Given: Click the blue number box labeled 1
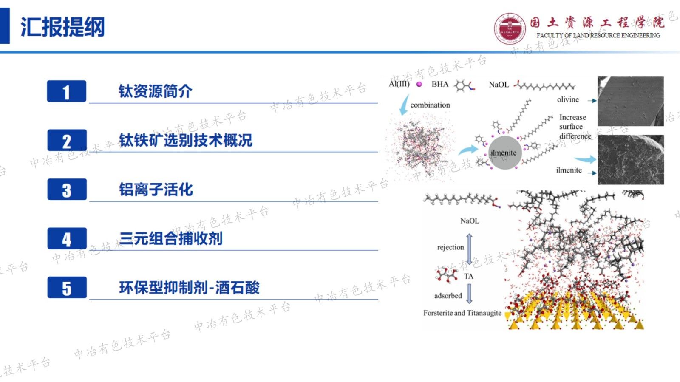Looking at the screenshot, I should point(66,91).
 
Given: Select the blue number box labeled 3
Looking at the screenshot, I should point(67,190).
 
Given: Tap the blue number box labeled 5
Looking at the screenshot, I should point(67,288).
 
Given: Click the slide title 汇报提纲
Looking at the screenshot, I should point(62,27).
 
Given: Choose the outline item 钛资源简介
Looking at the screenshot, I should point(155,91).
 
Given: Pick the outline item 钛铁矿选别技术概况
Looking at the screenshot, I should point(185,140).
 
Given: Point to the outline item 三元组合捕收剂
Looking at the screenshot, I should point(171,238).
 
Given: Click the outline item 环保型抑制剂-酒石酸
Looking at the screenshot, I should point(189,288).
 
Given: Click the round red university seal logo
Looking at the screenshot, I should point(510,28).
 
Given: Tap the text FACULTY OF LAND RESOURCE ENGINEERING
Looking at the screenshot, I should point(598,36).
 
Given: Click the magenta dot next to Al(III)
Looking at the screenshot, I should point(419,85).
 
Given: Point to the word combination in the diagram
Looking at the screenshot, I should point(430,105).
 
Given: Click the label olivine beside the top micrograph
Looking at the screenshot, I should point(568,99).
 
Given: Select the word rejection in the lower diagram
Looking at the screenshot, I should point(450,247).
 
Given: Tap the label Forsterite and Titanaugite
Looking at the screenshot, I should point(462,313).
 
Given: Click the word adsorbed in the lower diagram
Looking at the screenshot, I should point(448,296).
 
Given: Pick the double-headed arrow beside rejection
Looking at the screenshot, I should point(469,249).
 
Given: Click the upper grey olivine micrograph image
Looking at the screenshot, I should point(630,101).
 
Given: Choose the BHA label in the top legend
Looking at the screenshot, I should point(440,84).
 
